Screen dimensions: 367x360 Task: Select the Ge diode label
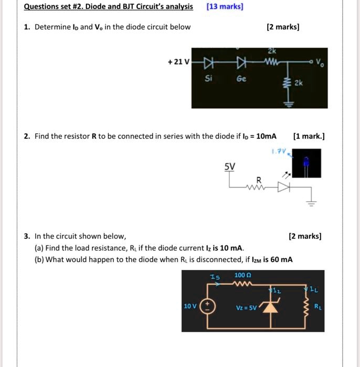241,79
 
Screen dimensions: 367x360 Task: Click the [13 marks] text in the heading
225,7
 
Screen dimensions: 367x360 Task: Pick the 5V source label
230,167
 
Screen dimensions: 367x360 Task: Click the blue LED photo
306,164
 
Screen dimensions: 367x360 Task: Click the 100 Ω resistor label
242,275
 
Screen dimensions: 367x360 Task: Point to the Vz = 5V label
246,308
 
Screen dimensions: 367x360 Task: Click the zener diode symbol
270,307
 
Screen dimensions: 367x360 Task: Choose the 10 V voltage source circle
207,306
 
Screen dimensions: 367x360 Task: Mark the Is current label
215,277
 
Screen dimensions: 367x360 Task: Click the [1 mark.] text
309,136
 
